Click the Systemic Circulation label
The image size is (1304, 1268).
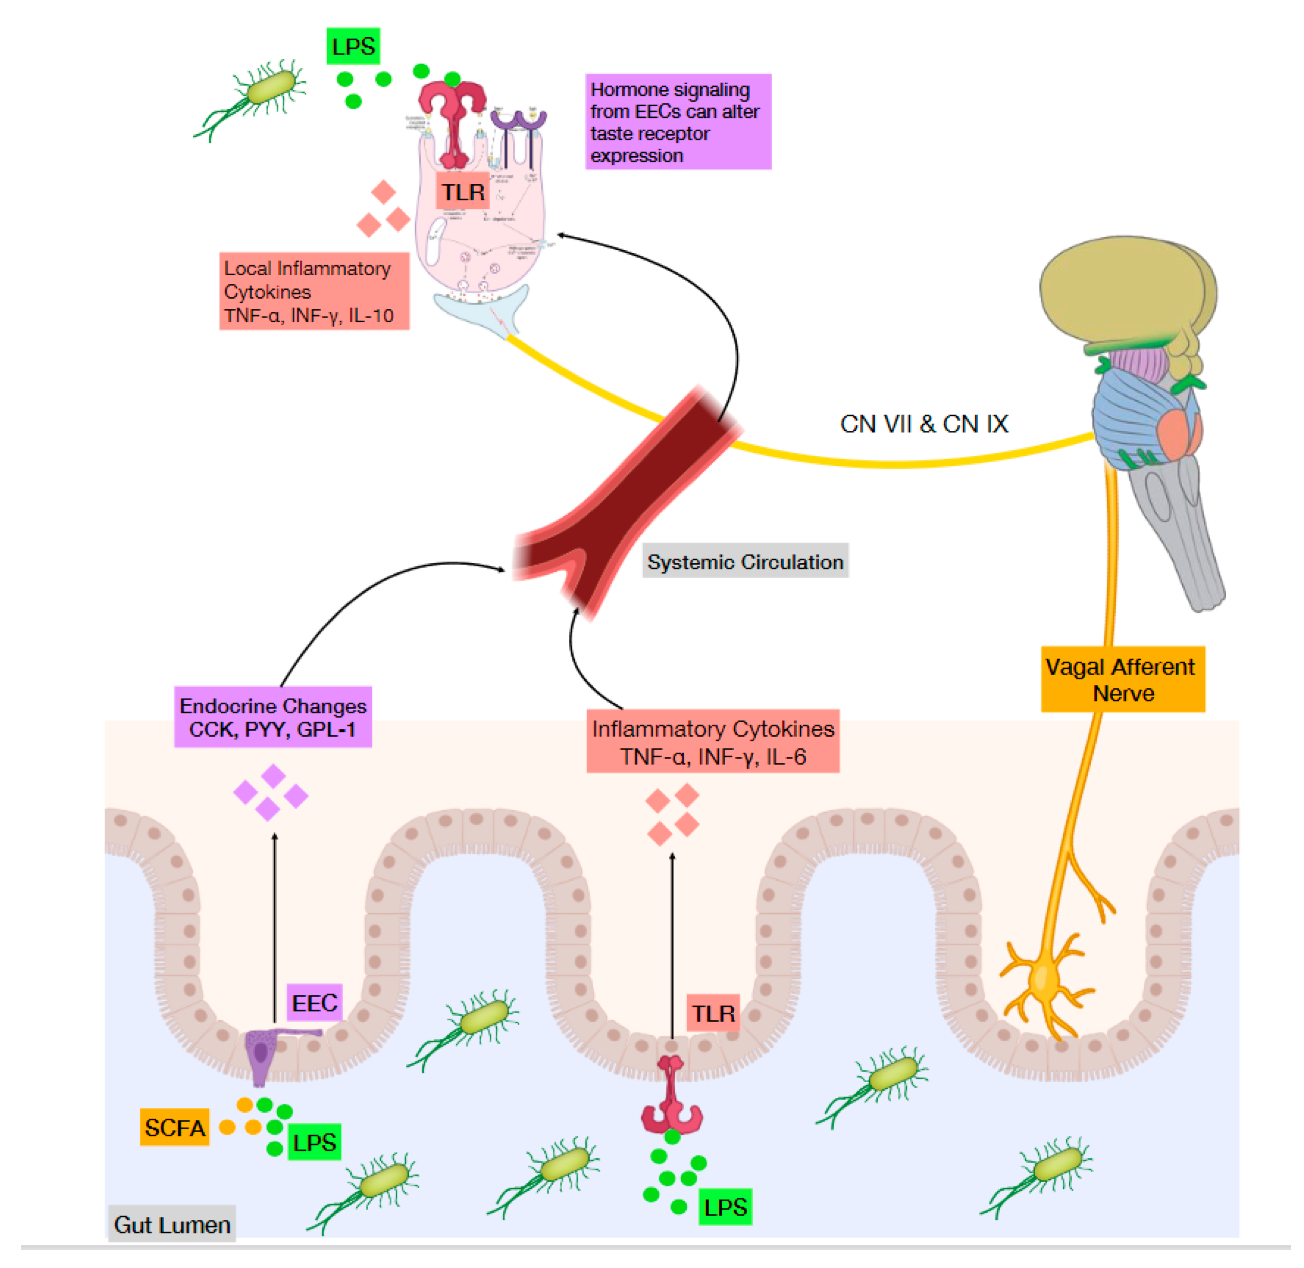coord(744,561)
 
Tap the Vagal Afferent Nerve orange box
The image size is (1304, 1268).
coord(1123,679)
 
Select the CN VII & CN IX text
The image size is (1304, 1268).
coord(924,424)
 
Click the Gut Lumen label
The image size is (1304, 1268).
coord(172,1224)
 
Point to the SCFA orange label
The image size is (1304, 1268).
coord(175,1127)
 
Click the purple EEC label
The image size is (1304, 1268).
coord(314,1002)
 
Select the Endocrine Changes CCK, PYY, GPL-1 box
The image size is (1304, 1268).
coord(273,717)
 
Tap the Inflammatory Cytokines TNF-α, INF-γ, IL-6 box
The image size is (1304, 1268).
coord(712,741)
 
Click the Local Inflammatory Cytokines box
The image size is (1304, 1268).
coord(314,291)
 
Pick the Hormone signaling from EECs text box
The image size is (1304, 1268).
coord(678,122)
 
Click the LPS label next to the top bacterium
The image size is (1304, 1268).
coord(353,46)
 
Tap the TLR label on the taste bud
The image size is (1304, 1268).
coord(463,192)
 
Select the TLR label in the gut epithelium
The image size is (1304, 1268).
coord(712,1013)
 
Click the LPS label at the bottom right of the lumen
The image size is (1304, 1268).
coord(725,1206)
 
